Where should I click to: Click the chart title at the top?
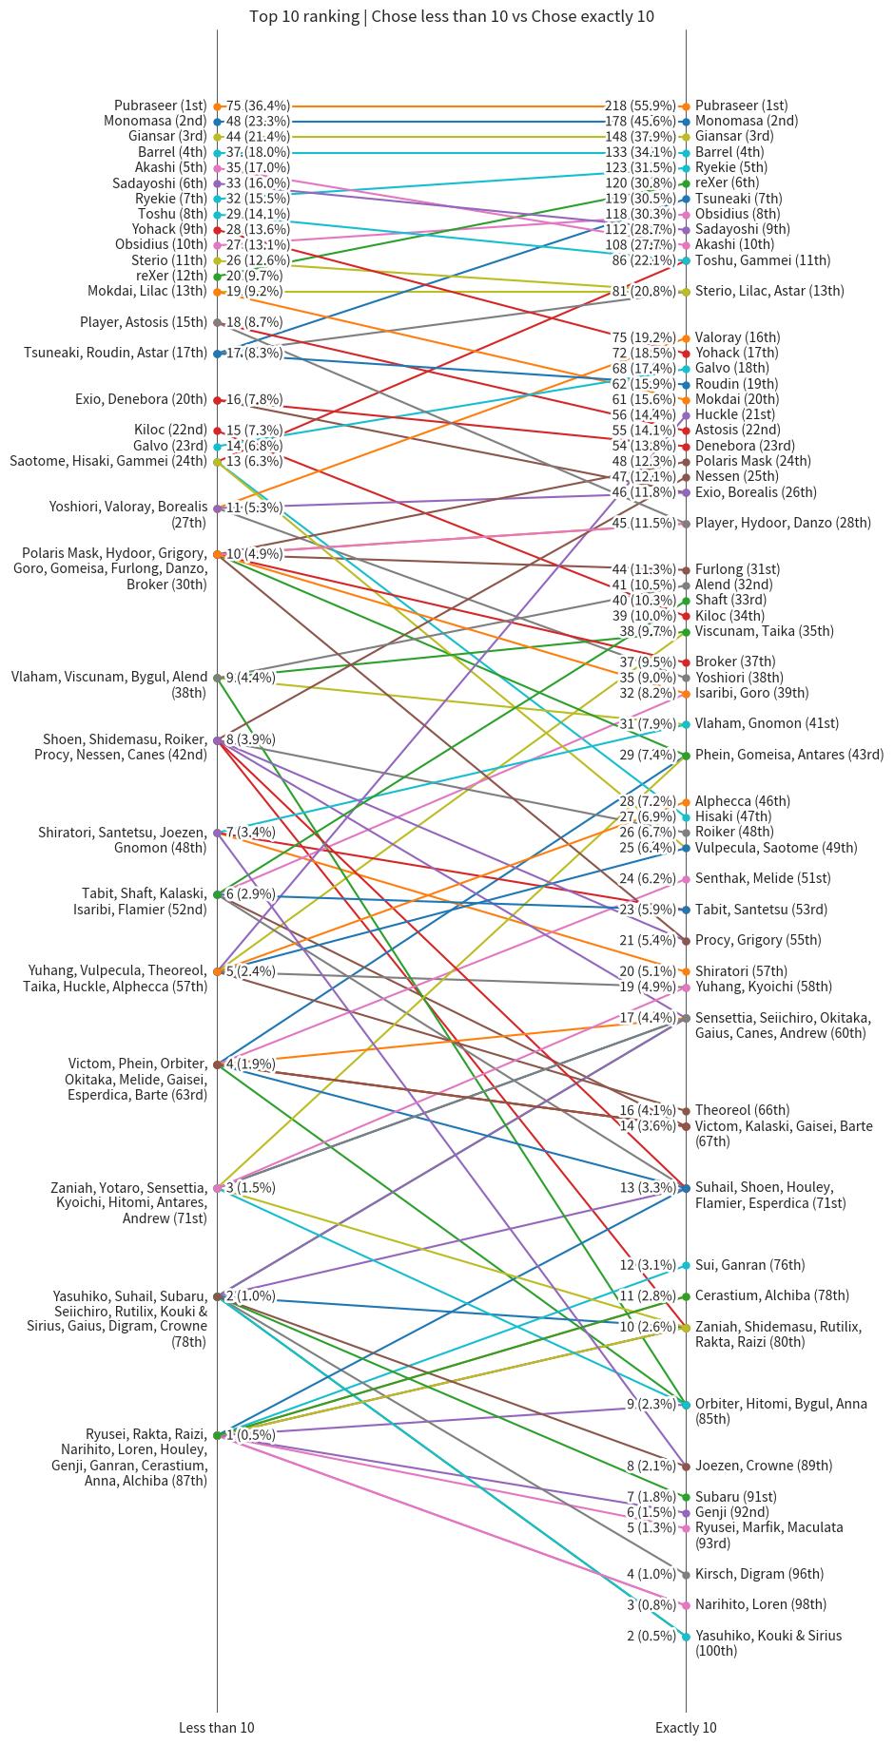coord(451,16)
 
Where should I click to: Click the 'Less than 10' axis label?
coord(217,1727)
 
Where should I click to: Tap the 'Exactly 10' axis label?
coord(686,1727)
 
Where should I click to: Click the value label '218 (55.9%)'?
coord(640,105)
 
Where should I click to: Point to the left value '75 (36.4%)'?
coord(258,105)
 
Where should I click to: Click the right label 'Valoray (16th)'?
coord(737,337)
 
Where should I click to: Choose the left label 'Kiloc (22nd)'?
coord(170,430)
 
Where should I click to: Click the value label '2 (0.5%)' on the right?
coord(651,1636)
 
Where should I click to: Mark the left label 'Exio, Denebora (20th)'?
coord(141,399)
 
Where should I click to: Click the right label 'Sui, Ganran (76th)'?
coord(749,1265)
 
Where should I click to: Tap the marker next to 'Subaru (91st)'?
coord(686,1497)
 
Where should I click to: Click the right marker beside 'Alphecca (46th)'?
coord(686,801)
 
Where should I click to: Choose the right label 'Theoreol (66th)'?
coord(742,1110)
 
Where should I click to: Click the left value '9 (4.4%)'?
coord(250,678)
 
